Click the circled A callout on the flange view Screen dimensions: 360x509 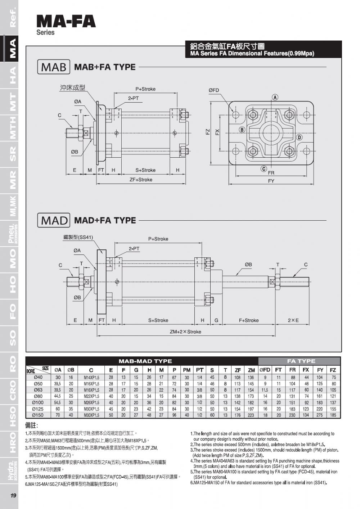(x=275, y=98)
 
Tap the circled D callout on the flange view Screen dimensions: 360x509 (x=299, y=137)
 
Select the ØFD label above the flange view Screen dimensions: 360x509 (x=213, y=90)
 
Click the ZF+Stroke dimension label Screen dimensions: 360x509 (x=141, y=180)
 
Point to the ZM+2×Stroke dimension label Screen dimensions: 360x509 (x=185, y=332)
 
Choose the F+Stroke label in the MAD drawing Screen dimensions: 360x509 (x=249, y=320)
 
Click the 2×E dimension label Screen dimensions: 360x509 (x=293, y=320)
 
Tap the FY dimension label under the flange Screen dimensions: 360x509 (x=271, y=181)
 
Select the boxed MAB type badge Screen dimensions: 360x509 (x=54, y=67)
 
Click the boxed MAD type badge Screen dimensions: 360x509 (x=54, y=220)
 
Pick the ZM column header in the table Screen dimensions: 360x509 (x=251, y=370)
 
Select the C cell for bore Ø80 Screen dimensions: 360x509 (x=91, y=396)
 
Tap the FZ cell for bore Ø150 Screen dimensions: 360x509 (x=333, y=415)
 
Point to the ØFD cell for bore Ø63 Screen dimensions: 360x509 (x=265, y=390)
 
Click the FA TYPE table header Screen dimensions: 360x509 (x=301, y=361)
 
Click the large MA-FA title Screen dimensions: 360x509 (x=66, y=22)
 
